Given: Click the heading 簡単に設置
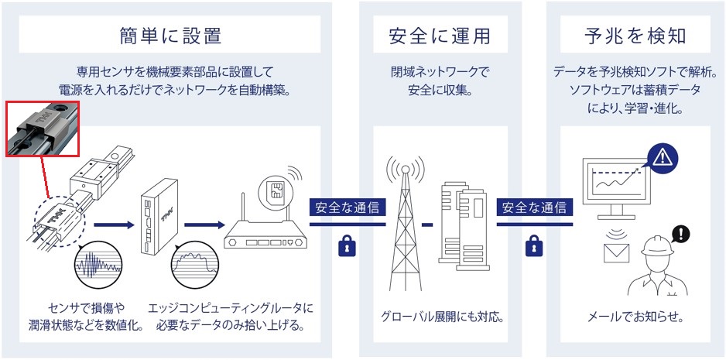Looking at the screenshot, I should tap(170, 36).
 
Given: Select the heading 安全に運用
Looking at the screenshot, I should tap(439, 36).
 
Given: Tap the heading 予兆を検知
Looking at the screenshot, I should tap(634, 36).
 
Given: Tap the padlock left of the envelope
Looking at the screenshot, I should tap(533, 247).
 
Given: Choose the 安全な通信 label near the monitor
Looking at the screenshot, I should tap(533, 207).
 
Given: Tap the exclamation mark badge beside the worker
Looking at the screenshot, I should tap(681, 232).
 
